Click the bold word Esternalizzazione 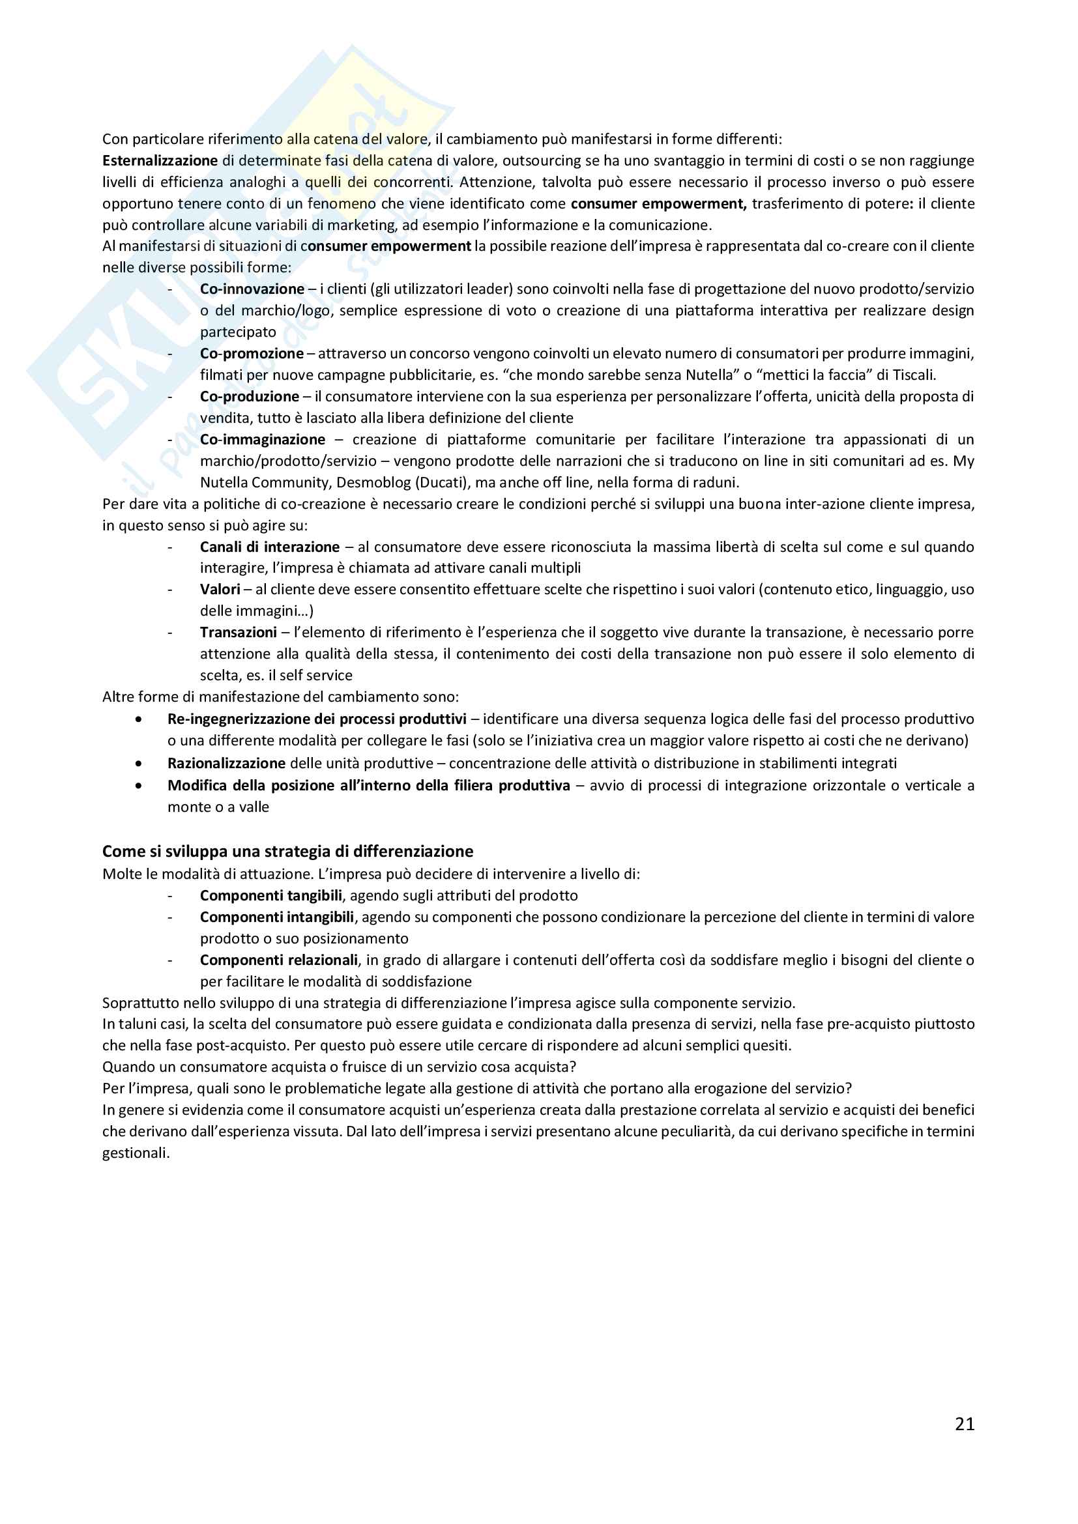[160, 161]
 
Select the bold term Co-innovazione [252, 289]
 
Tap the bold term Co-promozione [252, 353]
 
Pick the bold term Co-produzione [250, 396]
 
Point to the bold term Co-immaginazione [263, 439]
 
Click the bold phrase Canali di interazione [270, 547]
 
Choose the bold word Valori [220, 590]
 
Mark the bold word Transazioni [239, 632]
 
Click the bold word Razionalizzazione [226, 764]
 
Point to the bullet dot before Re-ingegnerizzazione [138, 719]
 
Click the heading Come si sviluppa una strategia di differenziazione [287, 852]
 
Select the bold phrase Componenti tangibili [271, 895]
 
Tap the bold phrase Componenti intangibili [277, 917]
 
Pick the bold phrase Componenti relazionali [279, 960]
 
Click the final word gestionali [135, 1153]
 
